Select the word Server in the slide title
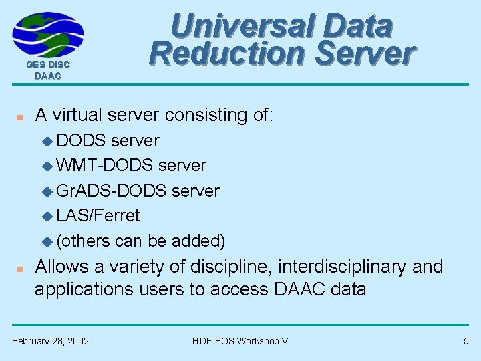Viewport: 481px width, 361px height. [x=365, y=53]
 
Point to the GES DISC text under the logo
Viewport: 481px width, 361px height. [x=48, y=65]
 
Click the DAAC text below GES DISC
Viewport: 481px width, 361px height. [x=48, y=76]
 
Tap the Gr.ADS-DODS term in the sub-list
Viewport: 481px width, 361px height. [x=112, y=191]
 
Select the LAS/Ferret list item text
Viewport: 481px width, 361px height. [x=98, y=215]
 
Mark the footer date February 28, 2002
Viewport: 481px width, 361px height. [x=51, y=341]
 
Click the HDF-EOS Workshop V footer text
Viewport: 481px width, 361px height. [x=240, y=341]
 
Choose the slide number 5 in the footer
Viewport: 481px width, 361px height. [x=466, y=341]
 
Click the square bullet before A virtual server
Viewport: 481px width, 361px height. [x=21, y=116]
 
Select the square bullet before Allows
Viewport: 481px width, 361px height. [x=21, y=268]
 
